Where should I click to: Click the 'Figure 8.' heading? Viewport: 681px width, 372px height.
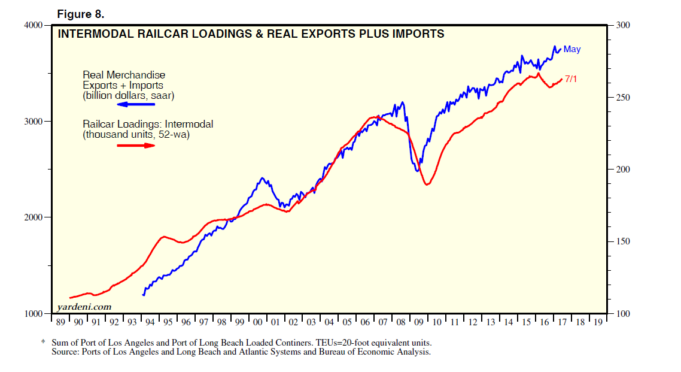point(80,14)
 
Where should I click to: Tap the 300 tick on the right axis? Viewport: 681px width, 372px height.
point(623,25)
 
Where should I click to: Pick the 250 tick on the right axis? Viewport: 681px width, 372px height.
point(623,98)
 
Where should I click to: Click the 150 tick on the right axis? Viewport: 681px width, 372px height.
point(623,241)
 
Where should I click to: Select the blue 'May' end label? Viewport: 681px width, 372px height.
point(571,50)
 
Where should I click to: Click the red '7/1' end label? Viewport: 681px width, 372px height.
point(571,79)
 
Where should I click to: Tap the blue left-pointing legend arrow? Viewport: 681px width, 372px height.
point(135,105)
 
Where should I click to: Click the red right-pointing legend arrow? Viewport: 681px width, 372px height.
point(135,145)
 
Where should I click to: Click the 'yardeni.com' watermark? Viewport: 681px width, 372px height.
point(84,307)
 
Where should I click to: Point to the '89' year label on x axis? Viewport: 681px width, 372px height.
point(60,322)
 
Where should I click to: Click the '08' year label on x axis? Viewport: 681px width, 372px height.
point(401,322)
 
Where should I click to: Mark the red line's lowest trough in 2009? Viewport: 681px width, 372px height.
point(427,185)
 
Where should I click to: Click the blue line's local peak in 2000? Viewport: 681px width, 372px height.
point(262,178)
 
